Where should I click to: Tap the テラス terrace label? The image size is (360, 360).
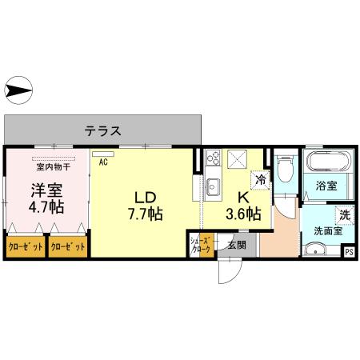[104, 130]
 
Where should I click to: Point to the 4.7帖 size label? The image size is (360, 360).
[46, 209]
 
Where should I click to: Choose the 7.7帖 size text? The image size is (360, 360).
[145, 214]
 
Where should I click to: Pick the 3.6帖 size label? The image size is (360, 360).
[242, 214]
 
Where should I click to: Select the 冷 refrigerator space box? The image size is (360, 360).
[261, 180]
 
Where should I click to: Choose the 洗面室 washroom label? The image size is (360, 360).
[327, 231]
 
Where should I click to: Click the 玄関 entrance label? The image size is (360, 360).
[235, 246]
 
